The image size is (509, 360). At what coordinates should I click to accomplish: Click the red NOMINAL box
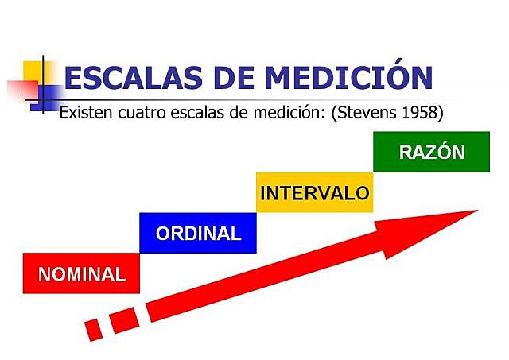pos(82,274)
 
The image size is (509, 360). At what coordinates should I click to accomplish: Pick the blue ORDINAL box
pos(198,233)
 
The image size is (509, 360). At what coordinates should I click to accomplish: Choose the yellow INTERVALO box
pos(315,192)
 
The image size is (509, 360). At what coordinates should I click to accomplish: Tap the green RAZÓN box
pos(431,152)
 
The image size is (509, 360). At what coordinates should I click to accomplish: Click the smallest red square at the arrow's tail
pos(94,328)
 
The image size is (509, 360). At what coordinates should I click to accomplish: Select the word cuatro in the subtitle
pos(143,112)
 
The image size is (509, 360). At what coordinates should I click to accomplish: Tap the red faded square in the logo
pos(19,91)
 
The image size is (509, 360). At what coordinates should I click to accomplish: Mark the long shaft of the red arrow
pos(262,274)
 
